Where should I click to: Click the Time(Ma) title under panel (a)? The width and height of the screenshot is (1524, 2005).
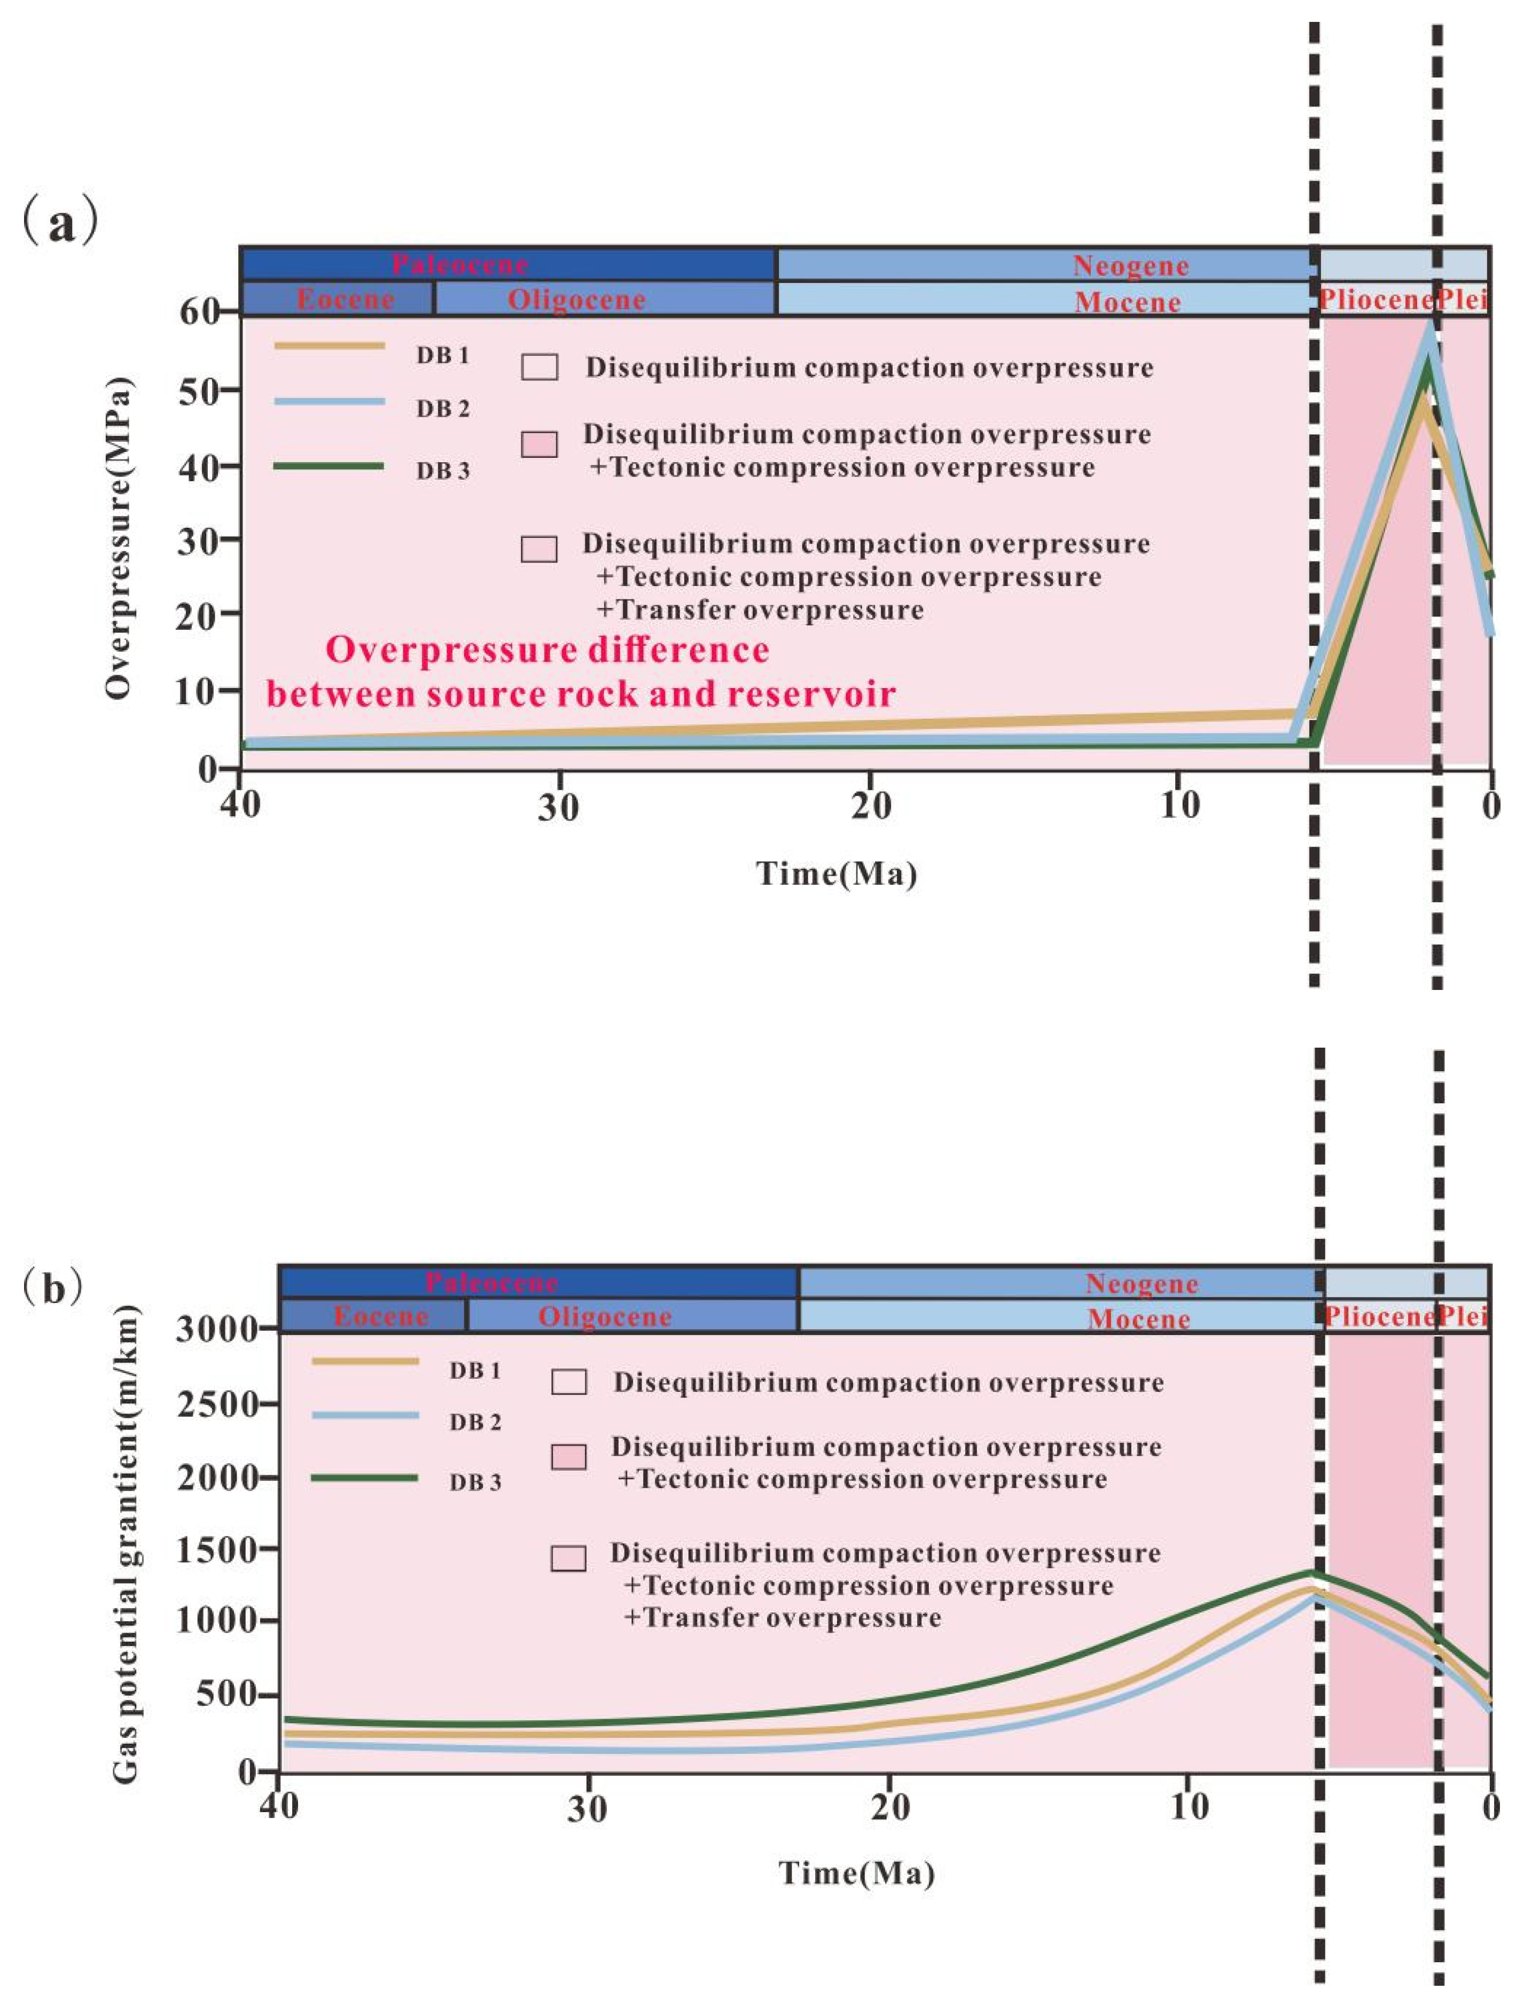[x=837, y=873]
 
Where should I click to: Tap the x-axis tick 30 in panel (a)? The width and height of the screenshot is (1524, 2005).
[x=558, y=806]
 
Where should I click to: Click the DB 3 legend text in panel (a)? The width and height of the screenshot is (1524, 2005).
[x=443, y=471]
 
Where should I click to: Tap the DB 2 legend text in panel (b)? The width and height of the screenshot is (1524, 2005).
[x=474, y=1423]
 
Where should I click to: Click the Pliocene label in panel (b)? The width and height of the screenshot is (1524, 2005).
[x=1378, y=1316]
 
